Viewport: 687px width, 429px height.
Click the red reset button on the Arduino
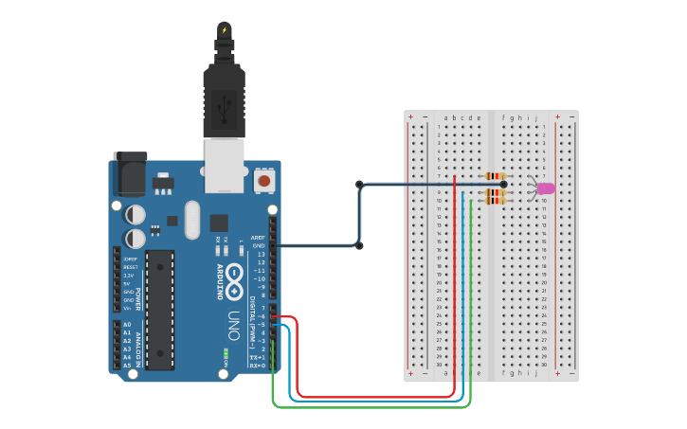[x=265, y=180]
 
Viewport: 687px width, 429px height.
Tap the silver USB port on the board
[x=224, y=163]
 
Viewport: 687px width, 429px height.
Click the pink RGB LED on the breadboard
[x=546, y=188]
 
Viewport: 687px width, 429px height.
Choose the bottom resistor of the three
[x=495, y=201]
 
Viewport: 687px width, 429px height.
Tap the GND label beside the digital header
[x=258, y=245]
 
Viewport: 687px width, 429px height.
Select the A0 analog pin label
[x=127, y=325]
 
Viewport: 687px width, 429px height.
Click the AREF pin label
[x=258, y=238]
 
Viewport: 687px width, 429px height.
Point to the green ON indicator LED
[x=226, y=356]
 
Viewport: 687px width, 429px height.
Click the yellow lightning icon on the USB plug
[x=224, y=30]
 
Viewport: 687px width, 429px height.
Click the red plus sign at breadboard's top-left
[x=410, y=117]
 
